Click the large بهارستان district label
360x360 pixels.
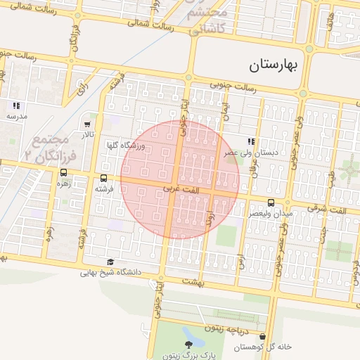pos(274,65)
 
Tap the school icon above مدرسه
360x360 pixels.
pos(16,105)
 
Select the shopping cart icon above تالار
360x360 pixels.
pos(87,124)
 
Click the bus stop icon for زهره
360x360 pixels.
pos(63,172)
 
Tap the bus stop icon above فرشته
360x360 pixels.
pos(104,179)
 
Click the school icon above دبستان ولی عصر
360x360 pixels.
pos(251,141)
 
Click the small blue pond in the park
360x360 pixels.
pos(188,332)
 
